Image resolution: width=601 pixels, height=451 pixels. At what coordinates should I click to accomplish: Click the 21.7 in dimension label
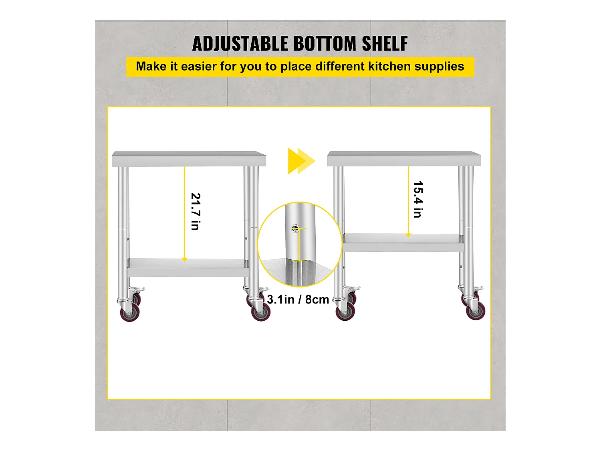click(x=196, y=211)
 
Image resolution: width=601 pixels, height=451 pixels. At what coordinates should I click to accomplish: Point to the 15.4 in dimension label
click(x=418, y=199)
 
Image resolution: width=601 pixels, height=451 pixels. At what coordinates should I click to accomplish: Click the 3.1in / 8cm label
click(x=298, y=299)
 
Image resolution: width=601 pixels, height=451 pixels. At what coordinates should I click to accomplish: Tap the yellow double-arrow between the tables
click(x=301, y=161)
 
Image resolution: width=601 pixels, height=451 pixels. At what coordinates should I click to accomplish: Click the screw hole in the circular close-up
click(x=295, y=228)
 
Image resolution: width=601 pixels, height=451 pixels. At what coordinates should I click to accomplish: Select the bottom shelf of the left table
click(x=188, y=267)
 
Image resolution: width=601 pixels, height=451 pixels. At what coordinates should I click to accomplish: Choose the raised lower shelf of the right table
click(x=403, y=243)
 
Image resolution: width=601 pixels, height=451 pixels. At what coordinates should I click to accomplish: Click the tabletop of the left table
click(x=189, y=158)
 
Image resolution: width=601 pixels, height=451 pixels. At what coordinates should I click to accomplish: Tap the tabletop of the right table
click(x=404, y=158)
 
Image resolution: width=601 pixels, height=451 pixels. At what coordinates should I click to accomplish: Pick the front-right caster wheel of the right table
click(x=476, y=311)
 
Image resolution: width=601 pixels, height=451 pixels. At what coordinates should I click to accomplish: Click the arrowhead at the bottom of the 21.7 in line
click(x=185, y=259)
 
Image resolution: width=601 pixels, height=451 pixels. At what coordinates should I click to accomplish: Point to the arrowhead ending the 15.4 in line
click(x=408, y=235)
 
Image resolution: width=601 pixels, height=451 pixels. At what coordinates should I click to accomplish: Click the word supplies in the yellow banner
click(x=439, y=67)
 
